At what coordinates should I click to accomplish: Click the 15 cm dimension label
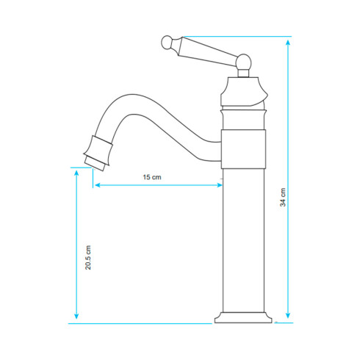pyautogui.click(x=152, y=177)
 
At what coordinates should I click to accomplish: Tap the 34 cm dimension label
pyautogui.click(x=283, y=197)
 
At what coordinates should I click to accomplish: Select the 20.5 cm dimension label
pyautogui.click(x=88, y=257)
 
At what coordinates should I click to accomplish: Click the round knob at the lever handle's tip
pyautogui.click(x=167, y=43)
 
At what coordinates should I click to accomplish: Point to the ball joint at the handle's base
pyautogui.click(x=243, y=62)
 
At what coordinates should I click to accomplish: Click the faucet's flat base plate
pyautogui.click(x=243, y=317)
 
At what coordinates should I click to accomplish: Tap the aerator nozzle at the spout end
pyautogui.click(x=98, y=154)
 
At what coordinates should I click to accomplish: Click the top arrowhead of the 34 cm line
pyautogui.click(x=288, y=43)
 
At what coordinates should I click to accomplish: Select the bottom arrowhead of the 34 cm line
pyautogui.click(x=288, y=315)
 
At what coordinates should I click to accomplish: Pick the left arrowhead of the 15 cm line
pyautogui.click(x=98, y=185)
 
